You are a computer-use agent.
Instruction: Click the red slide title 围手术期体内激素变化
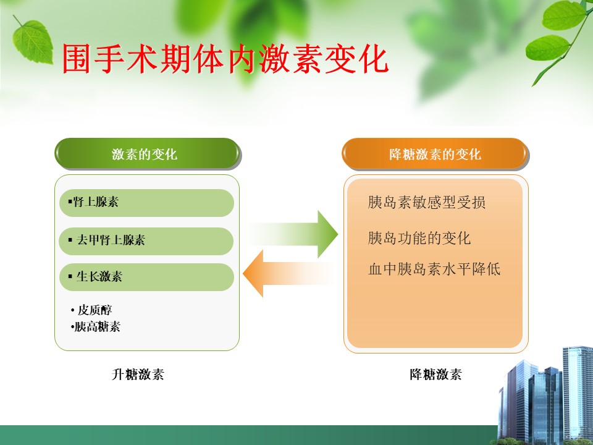point(225,59)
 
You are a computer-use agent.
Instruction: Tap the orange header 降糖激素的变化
point(435,154)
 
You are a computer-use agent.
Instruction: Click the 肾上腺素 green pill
point(147,203)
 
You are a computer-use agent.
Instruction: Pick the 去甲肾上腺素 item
point(146,241)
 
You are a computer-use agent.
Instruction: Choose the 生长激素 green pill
point(147,277)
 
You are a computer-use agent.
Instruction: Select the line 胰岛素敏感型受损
point(427,203)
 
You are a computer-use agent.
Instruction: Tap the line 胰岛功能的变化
point(419,239)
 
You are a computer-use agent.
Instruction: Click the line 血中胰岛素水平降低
point(434,269)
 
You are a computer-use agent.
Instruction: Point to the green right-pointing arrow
point(293,234)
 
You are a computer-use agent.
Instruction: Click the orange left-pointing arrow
point(287,273)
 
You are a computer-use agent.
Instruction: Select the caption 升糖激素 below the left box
point(138,375)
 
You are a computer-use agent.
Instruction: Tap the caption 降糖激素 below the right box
point(435,375)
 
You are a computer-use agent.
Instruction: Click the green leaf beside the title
point(32,41)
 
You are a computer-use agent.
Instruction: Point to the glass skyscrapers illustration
point(545,396)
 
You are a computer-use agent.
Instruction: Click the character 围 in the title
point(77,59)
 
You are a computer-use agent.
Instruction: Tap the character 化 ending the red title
point(374,59)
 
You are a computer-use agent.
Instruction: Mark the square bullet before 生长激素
point(70,276)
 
